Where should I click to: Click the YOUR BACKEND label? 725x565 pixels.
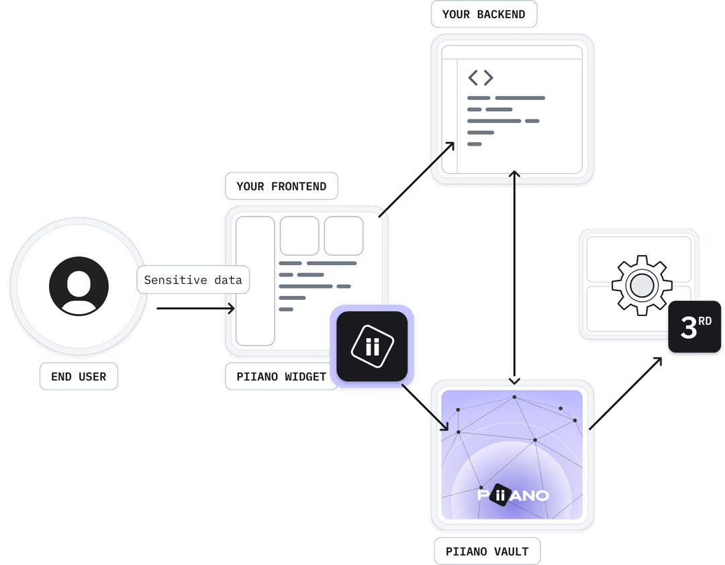click(483, 14)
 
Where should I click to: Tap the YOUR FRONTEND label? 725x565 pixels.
click(281, 186)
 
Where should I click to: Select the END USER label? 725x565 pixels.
click(79, 376)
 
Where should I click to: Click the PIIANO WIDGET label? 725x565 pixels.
click(281, 376)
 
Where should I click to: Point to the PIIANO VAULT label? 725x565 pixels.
click(487, 552)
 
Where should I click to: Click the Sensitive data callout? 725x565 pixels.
click(193, 280)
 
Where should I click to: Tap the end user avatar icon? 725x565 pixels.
click(79, 286)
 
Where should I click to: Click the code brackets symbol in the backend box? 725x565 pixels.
click(481, 78)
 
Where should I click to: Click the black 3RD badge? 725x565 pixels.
click(695, 327)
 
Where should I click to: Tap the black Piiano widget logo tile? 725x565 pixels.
click(372, 346)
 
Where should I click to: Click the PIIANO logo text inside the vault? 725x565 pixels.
click(513, 495)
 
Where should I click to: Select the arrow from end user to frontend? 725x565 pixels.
click(195, 309)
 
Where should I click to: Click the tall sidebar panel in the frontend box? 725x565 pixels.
click(255, 280)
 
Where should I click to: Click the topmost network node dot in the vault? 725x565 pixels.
click(514, 397)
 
